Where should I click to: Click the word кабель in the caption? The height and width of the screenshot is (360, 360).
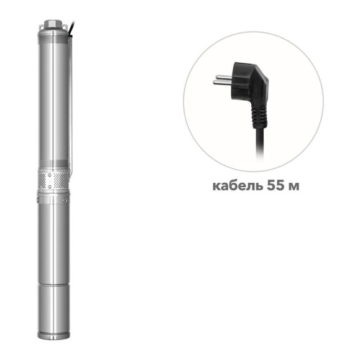tap(238, 186)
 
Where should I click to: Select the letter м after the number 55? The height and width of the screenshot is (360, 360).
tap(293, 187)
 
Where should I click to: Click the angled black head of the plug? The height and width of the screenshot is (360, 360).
tap(249, 85)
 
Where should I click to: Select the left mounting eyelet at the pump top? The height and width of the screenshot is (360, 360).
tap(41, 27)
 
